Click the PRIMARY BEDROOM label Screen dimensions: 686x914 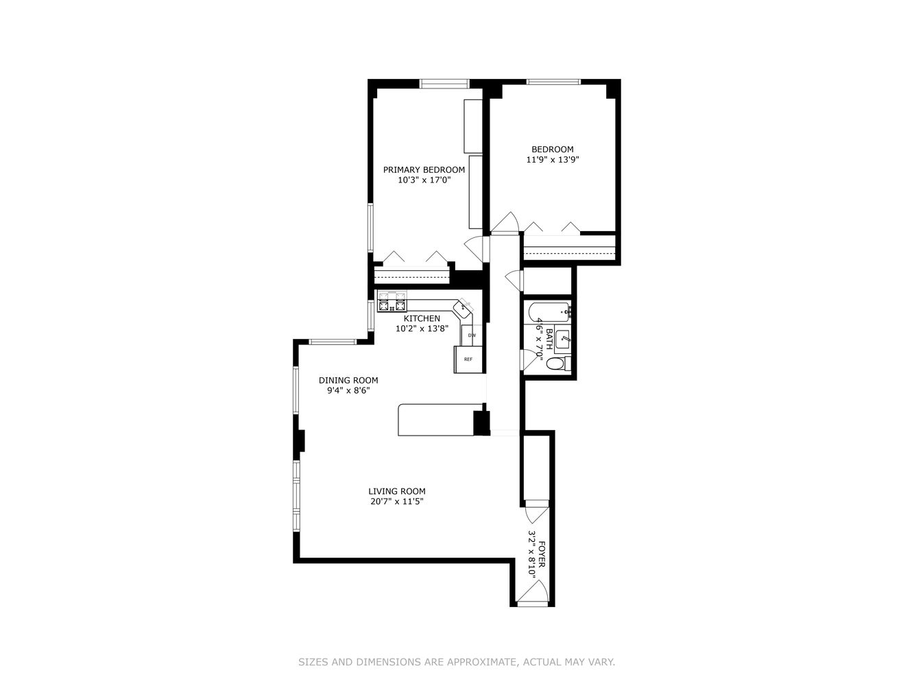click(x=424, y=170)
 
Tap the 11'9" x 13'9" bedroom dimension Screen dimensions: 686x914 click(x=553, y=160)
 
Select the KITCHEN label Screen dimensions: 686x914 click(x=422, y=318)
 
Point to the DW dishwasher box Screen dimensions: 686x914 click(x=472, y=335)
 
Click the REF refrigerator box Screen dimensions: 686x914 click(x=468, y=359)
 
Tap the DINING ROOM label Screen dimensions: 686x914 click(x=348, y=381)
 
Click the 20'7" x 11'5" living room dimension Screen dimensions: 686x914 click(x=397, y=501)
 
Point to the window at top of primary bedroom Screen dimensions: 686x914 click(x=444, y=84)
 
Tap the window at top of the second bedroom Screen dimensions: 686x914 click(x=553, y=82)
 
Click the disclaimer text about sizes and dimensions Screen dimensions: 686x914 click(x=457, y=662)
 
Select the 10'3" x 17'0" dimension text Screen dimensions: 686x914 click(x=424, y=180)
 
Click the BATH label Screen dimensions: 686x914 click(x=549, y=339)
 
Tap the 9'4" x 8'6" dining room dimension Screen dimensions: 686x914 click(x=348, y=391)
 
